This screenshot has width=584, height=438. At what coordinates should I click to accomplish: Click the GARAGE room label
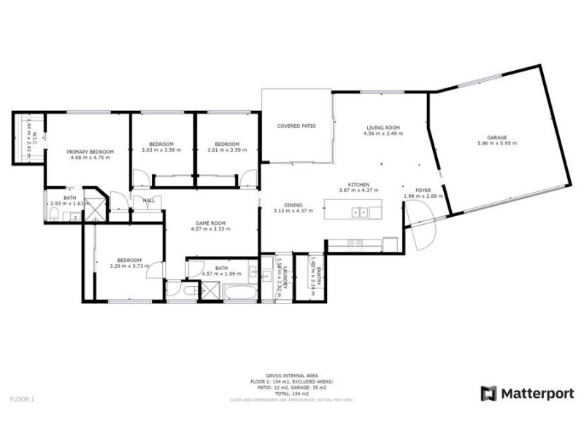point(496,137)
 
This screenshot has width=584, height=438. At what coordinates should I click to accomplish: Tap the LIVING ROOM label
point(383,128)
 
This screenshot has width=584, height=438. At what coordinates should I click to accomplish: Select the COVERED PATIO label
point(296,126)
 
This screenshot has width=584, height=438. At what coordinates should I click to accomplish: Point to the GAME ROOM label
point(210,223)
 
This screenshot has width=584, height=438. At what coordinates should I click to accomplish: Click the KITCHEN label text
point(358,185)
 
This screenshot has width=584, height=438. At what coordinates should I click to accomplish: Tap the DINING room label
point(293,205)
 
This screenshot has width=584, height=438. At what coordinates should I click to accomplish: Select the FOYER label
point(423,190)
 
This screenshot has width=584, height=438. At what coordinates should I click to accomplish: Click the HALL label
point(148,200)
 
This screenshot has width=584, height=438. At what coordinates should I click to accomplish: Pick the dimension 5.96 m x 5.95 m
point(496,143)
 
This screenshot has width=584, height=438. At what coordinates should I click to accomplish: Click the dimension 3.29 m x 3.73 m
point(129,266)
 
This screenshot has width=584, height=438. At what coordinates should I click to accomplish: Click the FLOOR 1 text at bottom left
point(22,399)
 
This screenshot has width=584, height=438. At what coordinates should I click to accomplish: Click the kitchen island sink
point(360,212)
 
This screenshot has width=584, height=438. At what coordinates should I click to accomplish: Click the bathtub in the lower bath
point(239,293)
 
